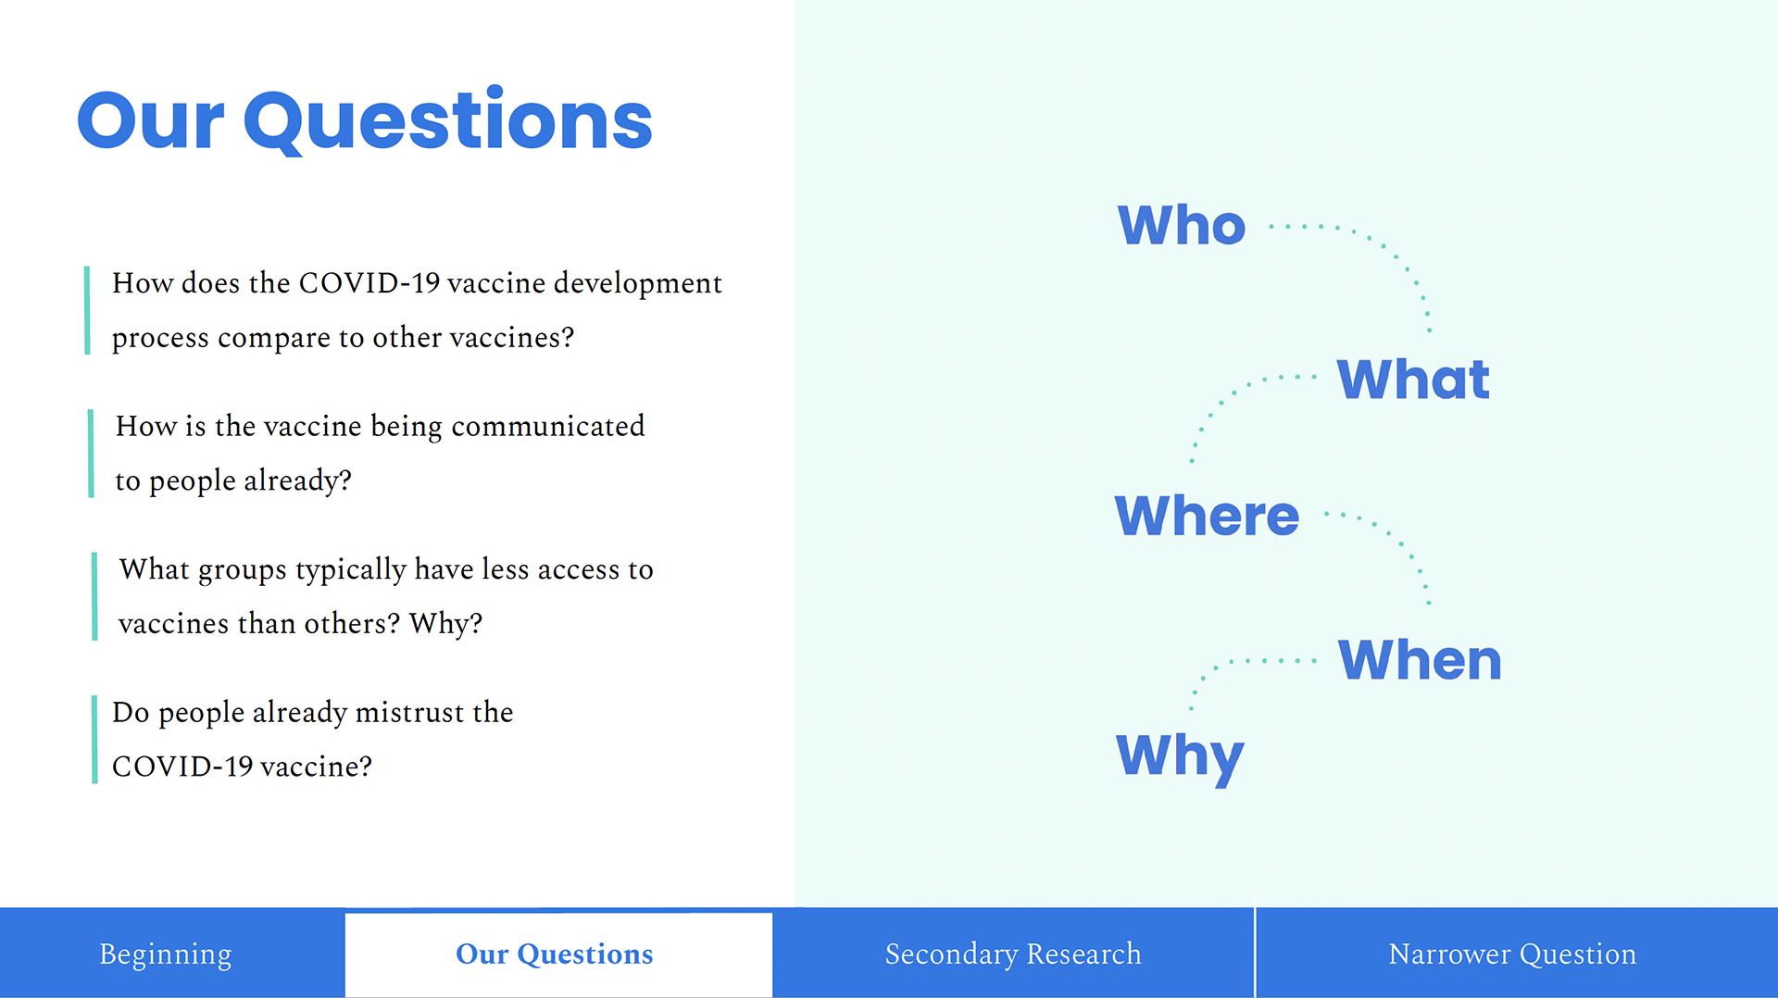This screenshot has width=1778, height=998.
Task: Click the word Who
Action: point(1182,225)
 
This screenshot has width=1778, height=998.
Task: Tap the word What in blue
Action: point(1413,379)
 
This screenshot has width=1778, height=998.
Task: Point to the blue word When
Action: point(1420,660)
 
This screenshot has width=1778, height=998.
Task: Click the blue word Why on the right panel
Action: point(1180,757)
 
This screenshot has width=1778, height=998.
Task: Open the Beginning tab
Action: point(166,954)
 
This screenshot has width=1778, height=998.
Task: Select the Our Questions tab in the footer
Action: point(555,954)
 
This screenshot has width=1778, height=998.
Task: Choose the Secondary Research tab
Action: point(1013,954)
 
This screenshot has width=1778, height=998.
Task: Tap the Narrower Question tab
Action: point(1512,954)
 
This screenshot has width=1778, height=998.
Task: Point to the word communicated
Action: point(548,426)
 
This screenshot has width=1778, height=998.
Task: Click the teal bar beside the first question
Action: point(87,310)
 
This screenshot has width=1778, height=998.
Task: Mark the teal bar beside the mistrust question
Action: point(94,740)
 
